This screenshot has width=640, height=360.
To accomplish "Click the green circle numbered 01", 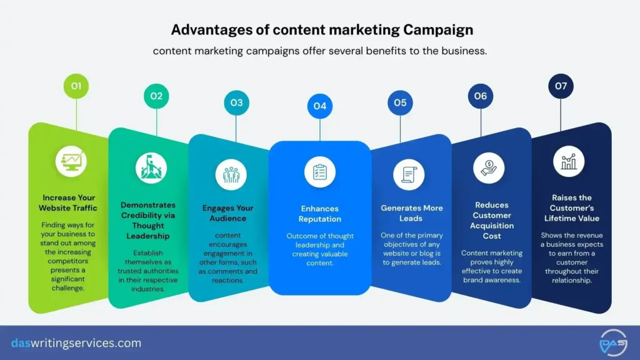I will (76, 86).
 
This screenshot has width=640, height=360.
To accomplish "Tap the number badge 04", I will (319, 106).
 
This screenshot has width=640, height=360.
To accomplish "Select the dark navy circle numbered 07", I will (560, 86).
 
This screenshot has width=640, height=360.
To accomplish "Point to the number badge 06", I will (480, 96).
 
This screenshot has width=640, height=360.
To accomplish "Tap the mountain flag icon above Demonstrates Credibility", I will (151, 167).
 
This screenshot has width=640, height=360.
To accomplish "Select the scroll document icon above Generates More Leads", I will (409, 174).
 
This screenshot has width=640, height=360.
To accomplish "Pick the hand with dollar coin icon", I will (489, 167).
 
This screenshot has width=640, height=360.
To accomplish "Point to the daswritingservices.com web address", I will (76, 343).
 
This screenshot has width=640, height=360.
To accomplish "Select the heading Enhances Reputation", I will (319, 214).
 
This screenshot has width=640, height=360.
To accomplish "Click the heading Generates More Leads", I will (411, 213).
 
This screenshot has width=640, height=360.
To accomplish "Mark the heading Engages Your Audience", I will (229, 213).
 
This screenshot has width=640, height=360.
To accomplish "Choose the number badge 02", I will (156, 96).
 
